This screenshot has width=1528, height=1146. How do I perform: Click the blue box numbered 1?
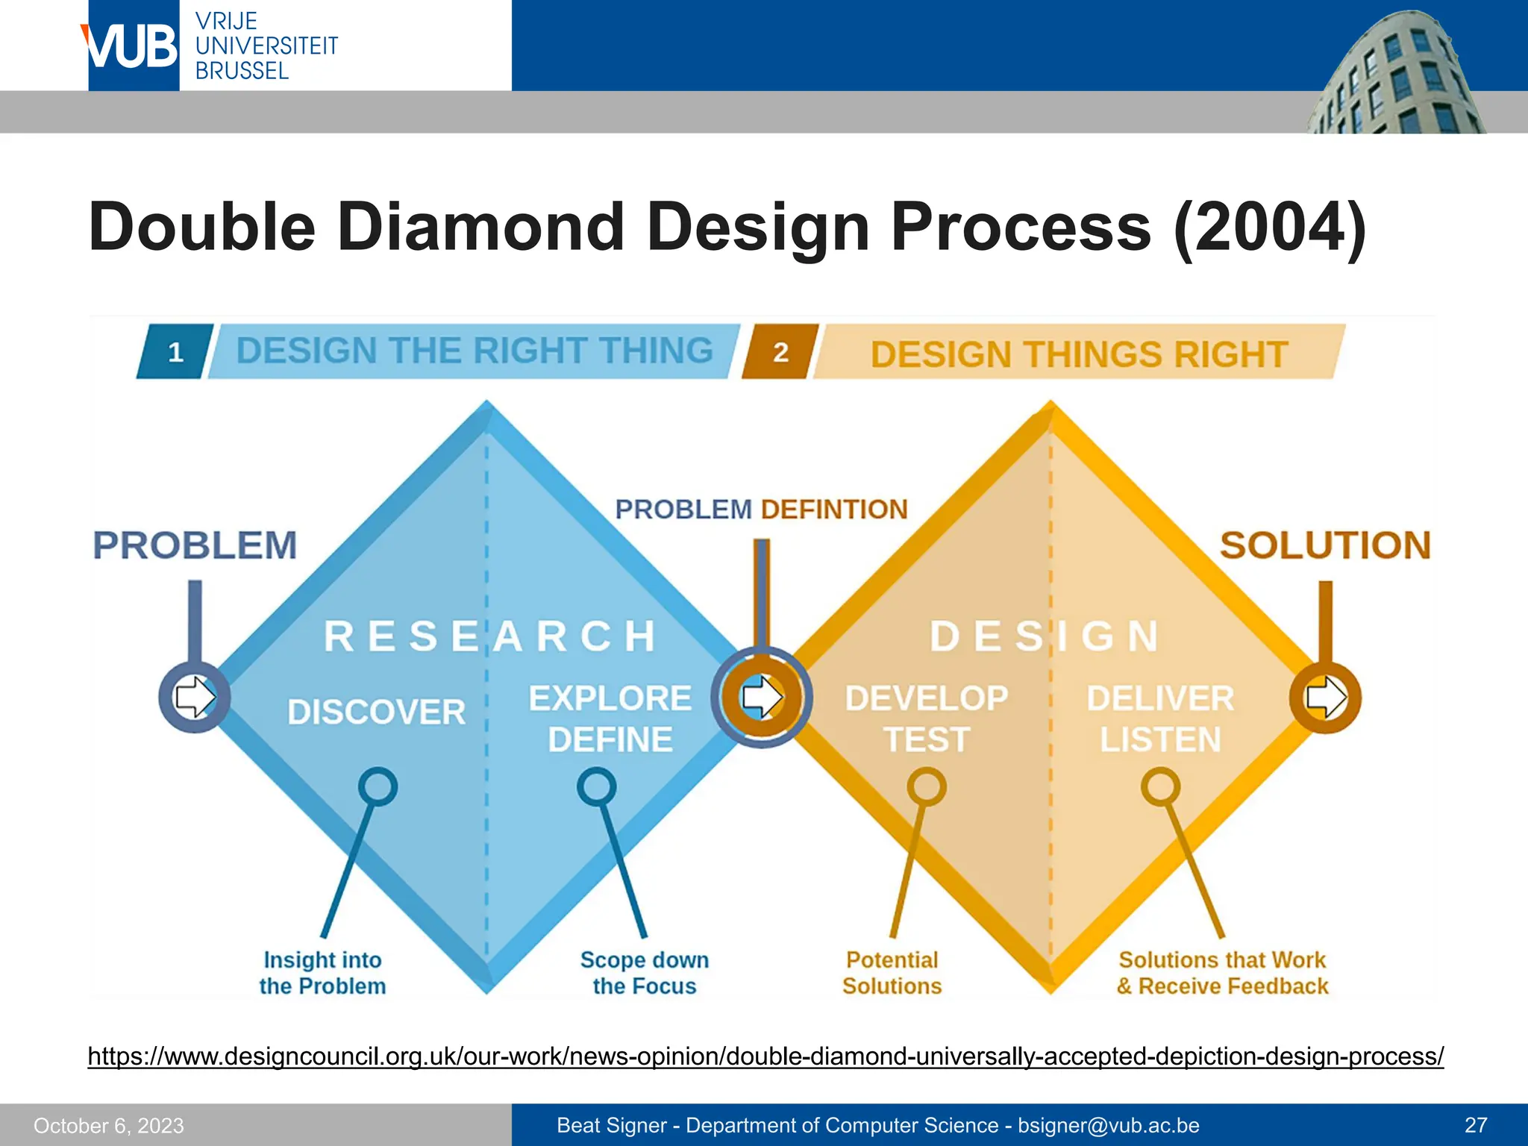coord(175,351)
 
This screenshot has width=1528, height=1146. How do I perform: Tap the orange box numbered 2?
coord(780,351)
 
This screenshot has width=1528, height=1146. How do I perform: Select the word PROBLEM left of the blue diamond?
coord(195,545)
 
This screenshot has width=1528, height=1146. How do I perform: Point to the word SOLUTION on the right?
coord(1325,545)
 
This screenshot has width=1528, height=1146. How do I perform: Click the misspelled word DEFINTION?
coord(834,510)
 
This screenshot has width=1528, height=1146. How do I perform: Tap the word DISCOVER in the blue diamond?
coord(376,712)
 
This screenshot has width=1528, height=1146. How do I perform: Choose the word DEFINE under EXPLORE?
coord(610,740)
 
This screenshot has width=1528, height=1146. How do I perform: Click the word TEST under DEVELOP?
coord(927,740)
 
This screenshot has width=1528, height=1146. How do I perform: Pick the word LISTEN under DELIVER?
coord(1160,740)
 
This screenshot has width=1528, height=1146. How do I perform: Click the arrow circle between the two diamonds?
coord(761,697)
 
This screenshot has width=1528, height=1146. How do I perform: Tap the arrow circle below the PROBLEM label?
coord(194,697)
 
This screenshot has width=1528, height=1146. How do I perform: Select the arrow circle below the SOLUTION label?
coord(1325,697)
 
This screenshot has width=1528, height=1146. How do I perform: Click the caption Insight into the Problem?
coord(322,973)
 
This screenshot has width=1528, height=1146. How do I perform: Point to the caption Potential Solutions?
coord(892,973)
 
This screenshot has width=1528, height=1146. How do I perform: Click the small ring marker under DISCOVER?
coord(378,786)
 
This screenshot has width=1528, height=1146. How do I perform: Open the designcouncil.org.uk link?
coord(765,1056)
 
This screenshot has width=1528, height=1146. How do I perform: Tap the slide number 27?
coord(1476,1125)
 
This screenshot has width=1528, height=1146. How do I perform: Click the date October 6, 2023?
coord(109,1126)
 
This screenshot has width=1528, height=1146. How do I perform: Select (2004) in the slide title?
coord(1270,227)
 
